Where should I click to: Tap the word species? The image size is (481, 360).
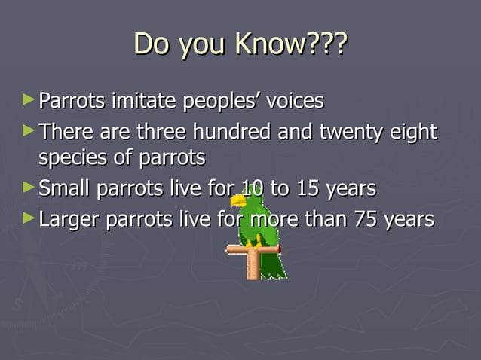74,160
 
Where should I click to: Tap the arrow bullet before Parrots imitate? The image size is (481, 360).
28,99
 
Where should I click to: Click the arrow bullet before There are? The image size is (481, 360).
28,131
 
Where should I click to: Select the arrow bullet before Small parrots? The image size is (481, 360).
28,187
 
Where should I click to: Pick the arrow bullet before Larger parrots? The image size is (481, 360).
28,218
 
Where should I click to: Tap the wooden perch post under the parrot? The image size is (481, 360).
253,266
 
